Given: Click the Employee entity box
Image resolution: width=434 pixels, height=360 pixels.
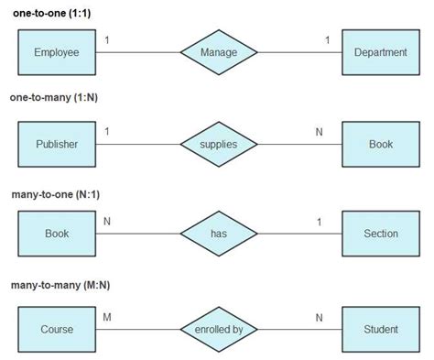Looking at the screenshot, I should pos(57,52).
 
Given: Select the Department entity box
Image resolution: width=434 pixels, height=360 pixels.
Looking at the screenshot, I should pos(380,52).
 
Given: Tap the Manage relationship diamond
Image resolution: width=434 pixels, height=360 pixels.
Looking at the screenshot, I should pos(218,52).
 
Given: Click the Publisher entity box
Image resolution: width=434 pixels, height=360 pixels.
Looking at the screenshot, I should pos(57,144).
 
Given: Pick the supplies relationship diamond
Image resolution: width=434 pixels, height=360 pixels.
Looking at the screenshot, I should pos(218,144).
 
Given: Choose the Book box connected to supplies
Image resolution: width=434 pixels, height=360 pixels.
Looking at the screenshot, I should pos(380,144).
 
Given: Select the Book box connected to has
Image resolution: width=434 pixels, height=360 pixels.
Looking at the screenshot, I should pos(57,234).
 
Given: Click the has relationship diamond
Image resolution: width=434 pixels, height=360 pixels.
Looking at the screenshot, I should pos(218,234).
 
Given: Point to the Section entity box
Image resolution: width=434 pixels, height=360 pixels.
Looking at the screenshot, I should pos(380,234).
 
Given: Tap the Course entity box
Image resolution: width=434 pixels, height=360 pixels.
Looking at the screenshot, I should pos(57,329).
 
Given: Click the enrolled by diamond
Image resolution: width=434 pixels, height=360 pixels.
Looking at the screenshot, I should pos(218,329).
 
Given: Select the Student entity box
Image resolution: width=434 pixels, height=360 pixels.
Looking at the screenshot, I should pos(380,329).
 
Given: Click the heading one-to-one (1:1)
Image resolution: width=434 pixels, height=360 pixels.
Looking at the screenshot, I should pos(51,12).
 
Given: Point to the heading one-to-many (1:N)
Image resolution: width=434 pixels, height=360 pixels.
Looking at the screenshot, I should pos(56,97).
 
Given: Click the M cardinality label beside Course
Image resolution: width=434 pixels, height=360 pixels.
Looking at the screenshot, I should pos(107,318).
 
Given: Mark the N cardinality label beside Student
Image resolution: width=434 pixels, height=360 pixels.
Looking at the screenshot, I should pos(320,318).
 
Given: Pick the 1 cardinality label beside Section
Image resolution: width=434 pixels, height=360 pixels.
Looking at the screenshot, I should pos(319,222).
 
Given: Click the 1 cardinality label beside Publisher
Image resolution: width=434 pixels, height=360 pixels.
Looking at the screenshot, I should pos(107,132).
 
